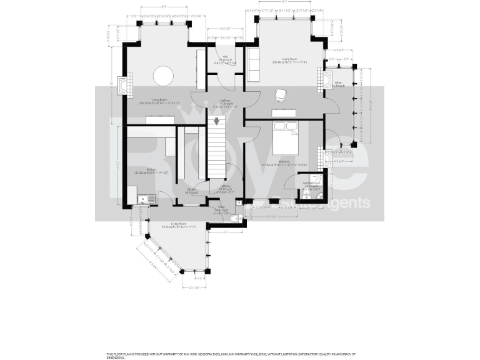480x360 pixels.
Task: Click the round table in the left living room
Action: (x=164, y=75)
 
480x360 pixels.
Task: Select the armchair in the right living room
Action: (x=281, y=94)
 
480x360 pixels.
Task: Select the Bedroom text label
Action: (x=283, y=163)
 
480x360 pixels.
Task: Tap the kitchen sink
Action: (x=146, y=199)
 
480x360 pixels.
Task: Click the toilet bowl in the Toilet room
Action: (x=234, y=219)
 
